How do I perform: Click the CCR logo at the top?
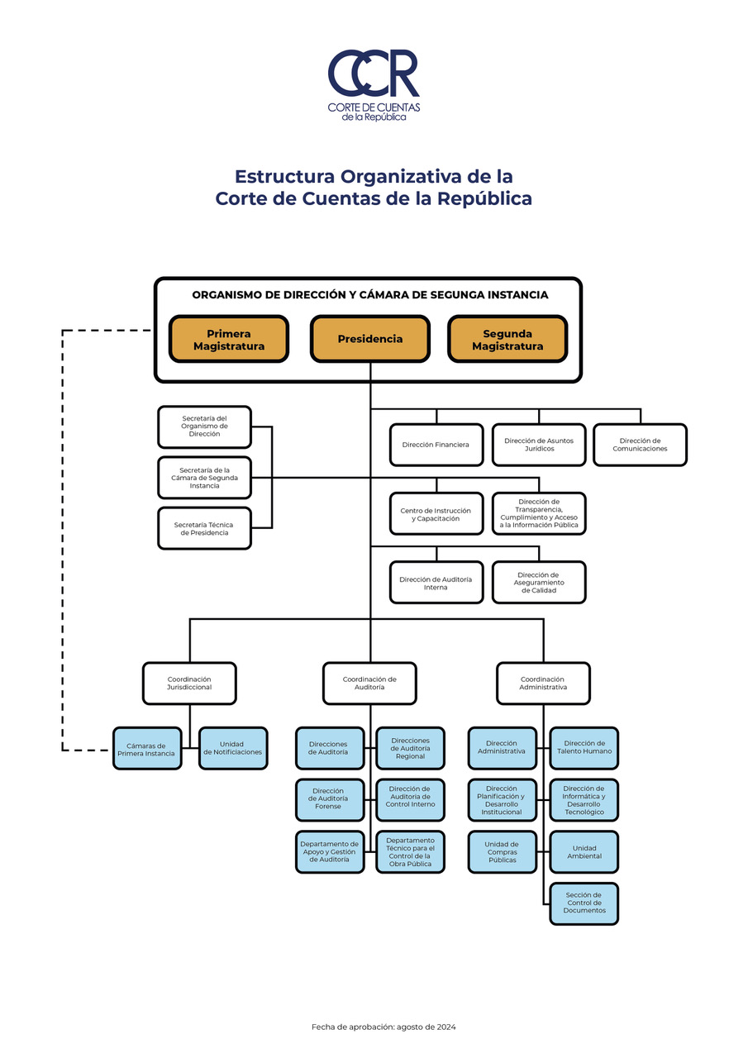374,83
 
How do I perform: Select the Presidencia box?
370,339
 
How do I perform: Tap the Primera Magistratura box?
229,339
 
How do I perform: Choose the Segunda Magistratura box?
507,339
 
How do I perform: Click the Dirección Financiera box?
436,445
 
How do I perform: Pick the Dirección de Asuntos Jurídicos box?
539,445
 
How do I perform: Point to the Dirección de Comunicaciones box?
640,445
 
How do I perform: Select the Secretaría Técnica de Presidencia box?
204,528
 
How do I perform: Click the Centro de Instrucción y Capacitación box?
436,515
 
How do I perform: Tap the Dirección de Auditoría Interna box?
436,583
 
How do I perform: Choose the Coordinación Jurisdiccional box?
189,683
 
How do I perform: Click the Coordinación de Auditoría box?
369,683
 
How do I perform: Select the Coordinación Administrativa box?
543,683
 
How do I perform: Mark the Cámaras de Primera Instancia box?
146,748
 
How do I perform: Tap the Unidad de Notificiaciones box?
232,748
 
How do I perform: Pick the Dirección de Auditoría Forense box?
330,799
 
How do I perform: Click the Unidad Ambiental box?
584,852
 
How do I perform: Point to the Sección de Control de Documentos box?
584,903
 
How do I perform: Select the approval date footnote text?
384,1027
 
